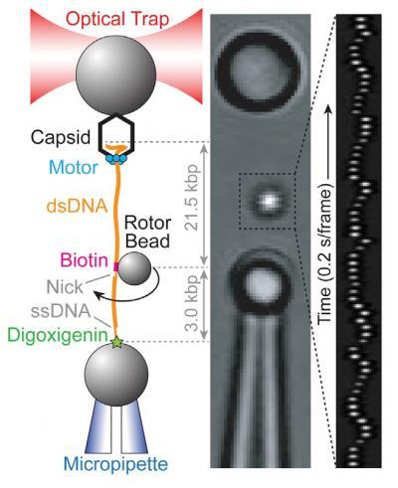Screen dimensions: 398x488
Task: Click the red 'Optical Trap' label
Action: tap(117, 19)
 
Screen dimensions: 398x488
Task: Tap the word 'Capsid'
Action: tap(61, 137)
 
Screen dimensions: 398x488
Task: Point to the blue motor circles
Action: tap(116, 159)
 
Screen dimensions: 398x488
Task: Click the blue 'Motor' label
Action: tap(74, 168)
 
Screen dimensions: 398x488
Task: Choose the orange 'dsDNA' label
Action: tap(77, 207)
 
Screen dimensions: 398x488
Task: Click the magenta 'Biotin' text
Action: tap(85, 260)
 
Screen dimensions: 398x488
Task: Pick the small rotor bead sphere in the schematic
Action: tap(134, 267)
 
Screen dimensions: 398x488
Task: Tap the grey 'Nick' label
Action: tap(65, 287)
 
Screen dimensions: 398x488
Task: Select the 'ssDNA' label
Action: tap(61, 311)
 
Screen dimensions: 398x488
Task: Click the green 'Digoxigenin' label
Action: tap(59, 336)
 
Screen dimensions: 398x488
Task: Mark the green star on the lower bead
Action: tap(116, 342)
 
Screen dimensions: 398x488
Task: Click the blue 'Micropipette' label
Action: tap(115, 464)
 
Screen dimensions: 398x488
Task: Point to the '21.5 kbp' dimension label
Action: tap(192, 197)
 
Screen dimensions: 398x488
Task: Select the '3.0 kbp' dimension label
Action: tap(192, 304)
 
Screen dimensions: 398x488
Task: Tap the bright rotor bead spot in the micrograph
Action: tap(268, 200)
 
